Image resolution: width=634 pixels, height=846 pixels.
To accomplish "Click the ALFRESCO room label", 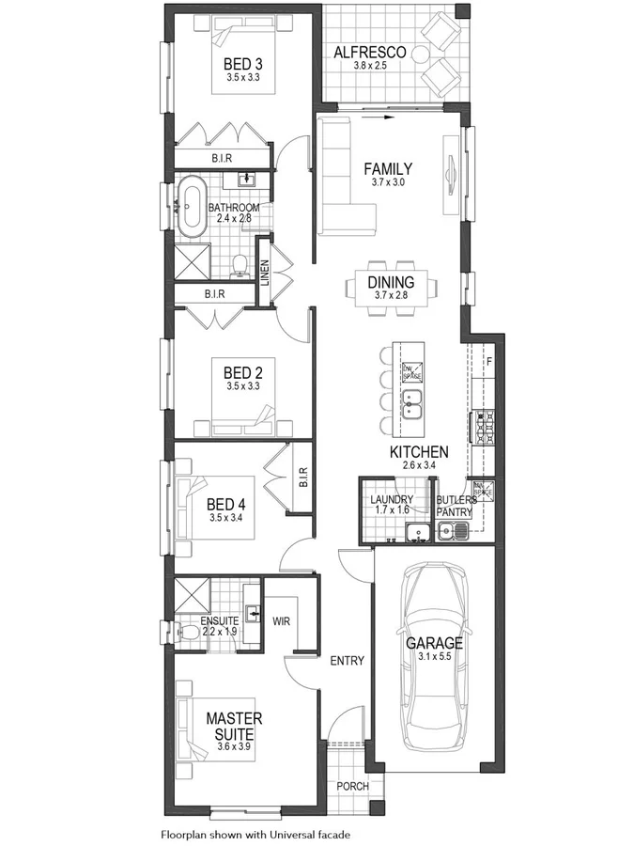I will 370,53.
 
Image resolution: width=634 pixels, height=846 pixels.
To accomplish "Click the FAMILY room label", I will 388,169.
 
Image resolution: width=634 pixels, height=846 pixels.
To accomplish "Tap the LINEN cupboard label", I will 265,274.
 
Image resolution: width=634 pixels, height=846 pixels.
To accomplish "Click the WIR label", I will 281,621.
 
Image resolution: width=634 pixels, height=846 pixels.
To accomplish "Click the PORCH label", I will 352,787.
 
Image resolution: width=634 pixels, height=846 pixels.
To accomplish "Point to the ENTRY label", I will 347,661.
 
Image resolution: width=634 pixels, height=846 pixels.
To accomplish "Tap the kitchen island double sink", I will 412,405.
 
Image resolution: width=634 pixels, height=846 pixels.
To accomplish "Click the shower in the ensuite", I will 192,596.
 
